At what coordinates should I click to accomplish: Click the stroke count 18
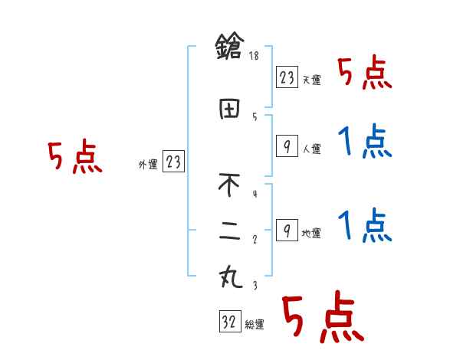tap(255, 56)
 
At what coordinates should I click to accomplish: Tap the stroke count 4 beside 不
tap(254, 194)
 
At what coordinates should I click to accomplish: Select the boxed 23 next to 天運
tap(287, 77)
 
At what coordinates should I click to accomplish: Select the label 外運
tap(148, 164)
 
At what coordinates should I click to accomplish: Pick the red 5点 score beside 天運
tap(366, 74)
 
